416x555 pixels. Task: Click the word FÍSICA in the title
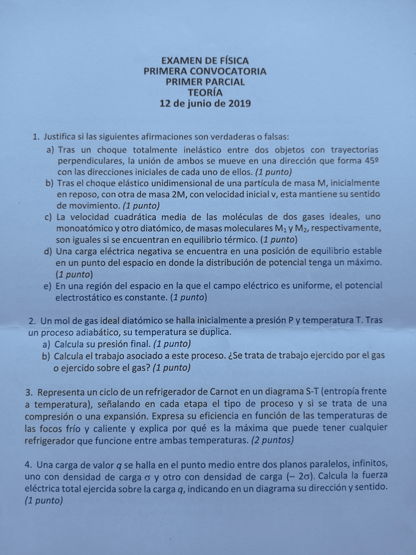click(231, 60)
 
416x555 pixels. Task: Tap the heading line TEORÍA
click(204, 92)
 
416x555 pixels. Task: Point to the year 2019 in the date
click(238, 103)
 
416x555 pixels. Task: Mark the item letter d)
click(48, 251)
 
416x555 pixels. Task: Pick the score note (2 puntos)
click(272, 440)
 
